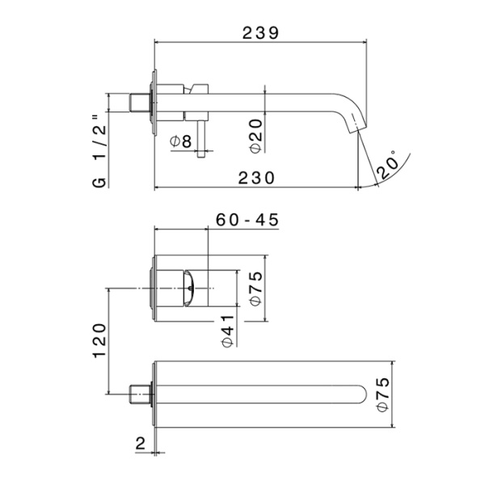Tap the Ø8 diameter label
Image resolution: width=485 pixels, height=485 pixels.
click(181, 141)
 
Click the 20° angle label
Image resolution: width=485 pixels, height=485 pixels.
click(387, 163)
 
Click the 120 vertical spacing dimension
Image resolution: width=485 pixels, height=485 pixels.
click(99, 340)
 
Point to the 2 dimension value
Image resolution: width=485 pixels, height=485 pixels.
click(140, 443)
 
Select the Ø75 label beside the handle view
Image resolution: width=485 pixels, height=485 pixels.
click(255, 288)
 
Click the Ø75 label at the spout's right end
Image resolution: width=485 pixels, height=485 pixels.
click(383, 394)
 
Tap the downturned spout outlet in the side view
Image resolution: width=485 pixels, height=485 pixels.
click(353, 121)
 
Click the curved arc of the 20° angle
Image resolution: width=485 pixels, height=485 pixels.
click(404, 171)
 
